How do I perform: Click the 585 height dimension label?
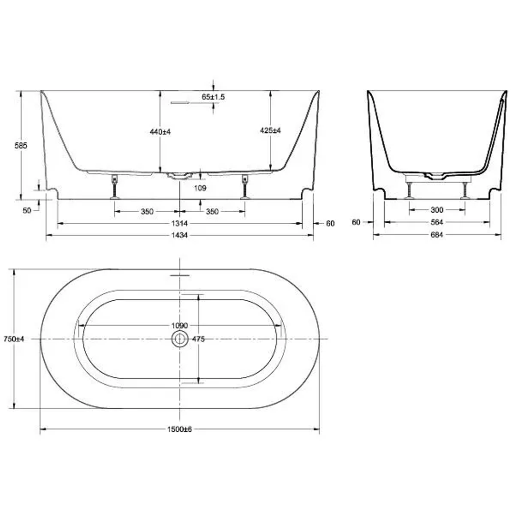click(20, 146)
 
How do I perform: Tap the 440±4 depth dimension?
click(160, 132)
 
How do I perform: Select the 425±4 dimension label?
click(270, 130)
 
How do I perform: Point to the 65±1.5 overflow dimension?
click(213, 97)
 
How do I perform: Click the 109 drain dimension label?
click(200, 188)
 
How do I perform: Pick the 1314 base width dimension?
click(179, 223)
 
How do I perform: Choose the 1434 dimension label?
click(179, 235)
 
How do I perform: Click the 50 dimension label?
click(27, 210)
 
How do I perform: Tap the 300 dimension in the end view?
click(436, 210)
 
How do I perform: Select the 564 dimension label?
click(436, 222)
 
